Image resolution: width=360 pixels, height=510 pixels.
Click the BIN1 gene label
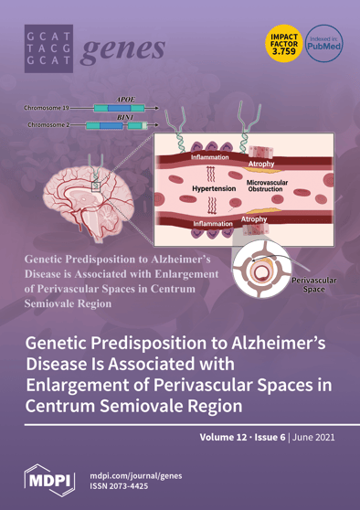pos(126,117)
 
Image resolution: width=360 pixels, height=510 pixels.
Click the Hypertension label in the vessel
pos(214,189)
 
